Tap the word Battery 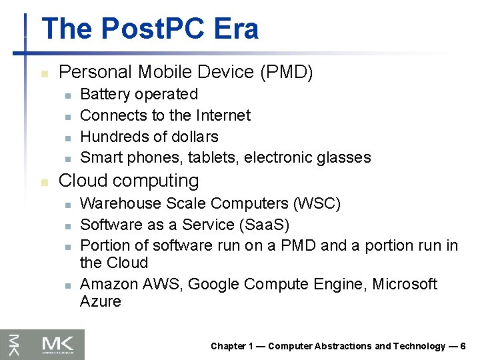pos(106,94)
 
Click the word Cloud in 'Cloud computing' pos(82,181)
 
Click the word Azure pos(100,301)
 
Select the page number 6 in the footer pos(463,346)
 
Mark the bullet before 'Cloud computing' pos(45,182)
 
